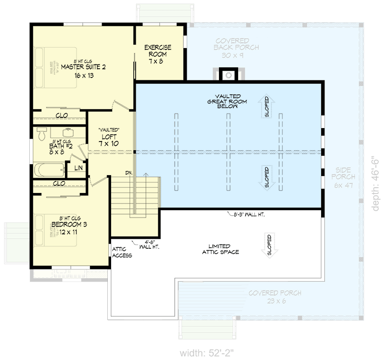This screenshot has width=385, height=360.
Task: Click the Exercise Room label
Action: point(158,54)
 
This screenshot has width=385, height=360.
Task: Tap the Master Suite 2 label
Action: point(83,70)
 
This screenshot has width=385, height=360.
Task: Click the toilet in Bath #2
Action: point(41,132)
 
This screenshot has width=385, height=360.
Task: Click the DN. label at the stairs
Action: point(129,172)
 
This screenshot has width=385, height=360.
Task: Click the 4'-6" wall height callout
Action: point(150,244)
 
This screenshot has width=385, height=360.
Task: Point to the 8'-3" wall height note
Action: point(245,214)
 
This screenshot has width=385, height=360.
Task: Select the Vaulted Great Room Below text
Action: point(222,101)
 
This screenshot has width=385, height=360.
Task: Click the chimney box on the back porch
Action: point(228,75)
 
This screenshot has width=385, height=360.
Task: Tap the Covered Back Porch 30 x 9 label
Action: point(236,48)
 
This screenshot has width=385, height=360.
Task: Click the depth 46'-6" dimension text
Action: point(377,183)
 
